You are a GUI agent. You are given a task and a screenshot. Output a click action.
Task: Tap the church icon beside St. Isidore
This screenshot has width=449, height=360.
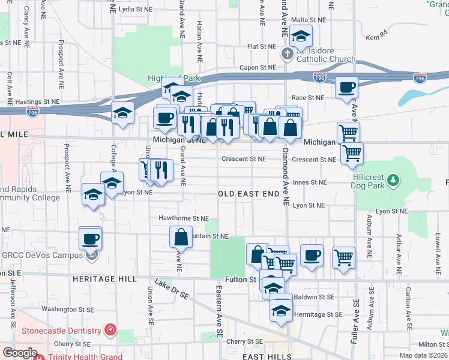(x=288, y=54)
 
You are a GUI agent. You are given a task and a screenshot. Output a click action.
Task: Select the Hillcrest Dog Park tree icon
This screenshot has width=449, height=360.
(x=393, y=179)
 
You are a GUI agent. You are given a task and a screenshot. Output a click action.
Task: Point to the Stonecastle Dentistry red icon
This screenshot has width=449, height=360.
(x=110, y=331)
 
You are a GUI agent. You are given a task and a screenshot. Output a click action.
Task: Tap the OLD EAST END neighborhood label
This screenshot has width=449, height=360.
(x=249, y=194)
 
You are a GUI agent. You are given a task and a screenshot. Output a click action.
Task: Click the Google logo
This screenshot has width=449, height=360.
(x=20, y=353)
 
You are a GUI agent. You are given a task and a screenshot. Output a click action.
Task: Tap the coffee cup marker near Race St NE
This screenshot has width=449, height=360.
(x=347, y=88)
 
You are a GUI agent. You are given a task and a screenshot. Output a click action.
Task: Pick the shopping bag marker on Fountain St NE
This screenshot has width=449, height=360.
(x=181, y=237)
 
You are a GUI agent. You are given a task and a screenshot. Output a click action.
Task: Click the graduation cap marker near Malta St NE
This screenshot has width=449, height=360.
(x=301, y=36)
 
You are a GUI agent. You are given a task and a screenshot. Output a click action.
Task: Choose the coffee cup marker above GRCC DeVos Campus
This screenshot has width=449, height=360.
(x=91, y=238)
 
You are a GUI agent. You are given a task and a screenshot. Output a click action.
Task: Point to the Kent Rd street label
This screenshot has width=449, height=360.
(x=377, y=37)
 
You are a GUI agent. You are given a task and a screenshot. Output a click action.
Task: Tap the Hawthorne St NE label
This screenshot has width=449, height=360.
(x=183, y=218)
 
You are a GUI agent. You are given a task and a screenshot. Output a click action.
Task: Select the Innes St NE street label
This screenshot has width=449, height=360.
(x=310, y=182)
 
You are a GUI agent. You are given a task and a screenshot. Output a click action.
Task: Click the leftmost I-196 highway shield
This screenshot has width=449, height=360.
(x=32, y=112)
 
